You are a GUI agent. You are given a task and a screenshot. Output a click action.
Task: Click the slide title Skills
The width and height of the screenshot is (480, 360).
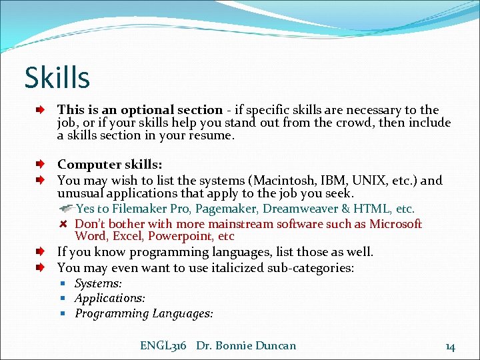coord(57,78)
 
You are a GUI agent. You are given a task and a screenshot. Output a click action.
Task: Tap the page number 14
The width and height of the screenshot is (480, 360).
coord(450,346)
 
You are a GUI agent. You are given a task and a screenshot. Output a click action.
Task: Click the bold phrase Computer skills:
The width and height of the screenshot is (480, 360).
coord(110,164)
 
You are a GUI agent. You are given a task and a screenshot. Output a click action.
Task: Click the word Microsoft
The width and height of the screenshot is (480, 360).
coord(395,224)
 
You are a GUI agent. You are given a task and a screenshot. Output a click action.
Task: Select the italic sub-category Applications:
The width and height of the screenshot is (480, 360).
coord(110,299)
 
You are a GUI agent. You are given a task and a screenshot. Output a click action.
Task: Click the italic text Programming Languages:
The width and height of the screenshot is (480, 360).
coord(144,313)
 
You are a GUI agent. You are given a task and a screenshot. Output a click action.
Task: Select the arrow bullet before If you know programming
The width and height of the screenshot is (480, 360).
coord(41,252)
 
